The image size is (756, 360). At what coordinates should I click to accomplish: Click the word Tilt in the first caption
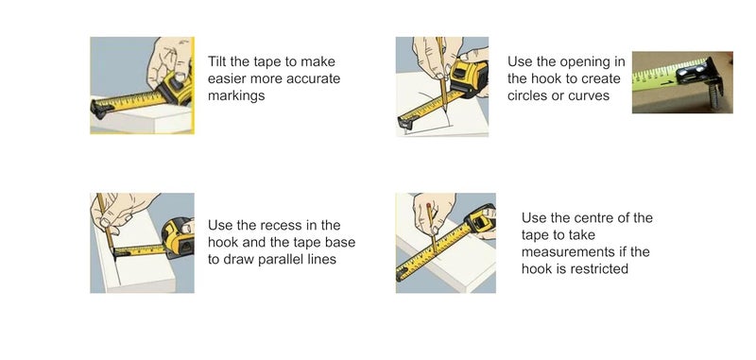click(x=218, y=61)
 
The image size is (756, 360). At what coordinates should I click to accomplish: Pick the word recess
click(x=284, y=225)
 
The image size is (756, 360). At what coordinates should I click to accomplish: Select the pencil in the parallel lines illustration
click(x=105, y=227)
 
